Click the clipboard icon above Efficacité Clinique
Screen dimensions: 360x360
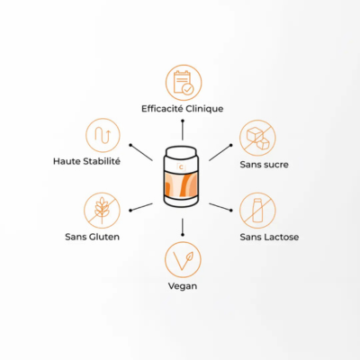[x=184, y=83]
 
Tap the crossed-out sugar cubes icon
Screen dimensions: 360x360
[x=257, y=139]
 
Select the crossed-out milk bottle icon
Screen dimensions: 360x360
[x=257, y=211]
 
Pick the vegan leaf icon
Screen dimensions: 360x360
[x=183, y=260]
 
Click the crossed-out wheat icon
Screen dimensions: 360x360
[x=102, y=211]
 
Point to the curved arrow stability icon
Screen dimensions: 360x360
[x=103, y=135]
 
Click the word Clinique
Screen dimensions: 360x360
[x=204, y=109]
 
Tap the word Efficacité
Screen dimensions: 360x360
[x=162, y=108]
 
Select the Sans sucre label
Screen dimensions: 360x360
[x=264, y=165]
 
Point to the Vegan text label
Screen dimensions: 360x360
[x=183, y=286]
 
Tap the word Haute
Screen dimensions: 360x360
[x=67, y=161]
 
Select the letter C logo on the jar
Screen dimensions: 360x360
[x=181, y=167]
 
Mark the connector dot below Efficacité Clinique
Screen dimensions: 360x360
[x=183, y=121]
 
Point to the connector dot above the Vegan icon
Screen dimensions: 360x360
[x=183, y=235]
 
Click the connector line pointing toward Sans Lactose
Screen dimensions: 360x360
[x=220, y=207]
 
